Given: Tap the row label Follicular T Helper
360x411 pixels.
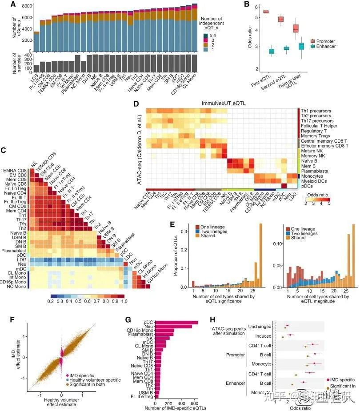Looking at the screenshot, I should (x=319, y=126).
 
